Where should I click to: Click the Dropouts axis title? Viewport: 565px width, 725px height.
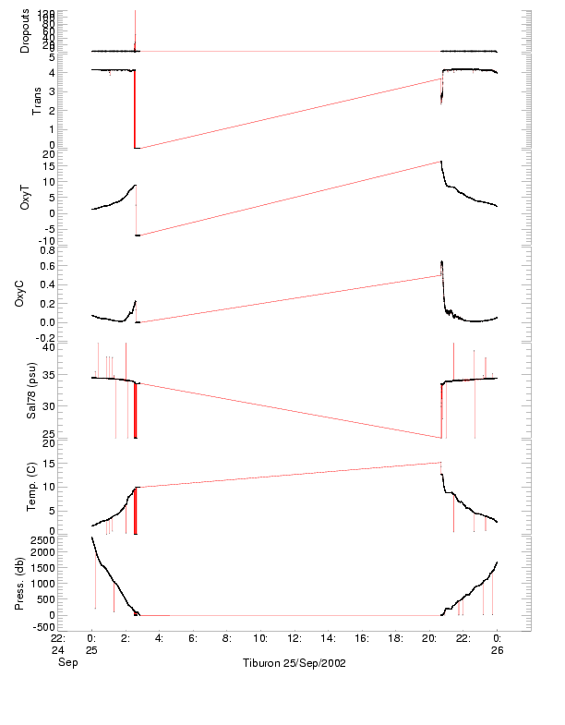24,31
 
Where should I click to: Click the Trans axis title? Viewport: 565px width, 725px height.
38,100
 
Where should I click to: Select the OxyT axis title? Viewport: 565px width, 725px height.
24,196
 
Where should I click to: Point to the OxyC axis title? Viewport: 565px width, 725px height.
24,292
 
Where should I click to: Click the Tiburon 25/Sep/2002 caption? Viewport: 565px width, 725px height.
294,663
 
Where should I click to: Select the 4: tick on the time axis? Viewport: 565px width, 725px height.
159,637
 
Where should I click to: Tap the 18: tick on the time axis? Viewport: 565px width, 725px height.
395,637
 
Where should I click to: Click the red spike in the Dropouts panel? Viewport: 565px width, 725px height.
135,28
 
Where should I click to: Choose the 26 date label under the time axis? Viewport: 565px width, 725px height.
497,650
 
